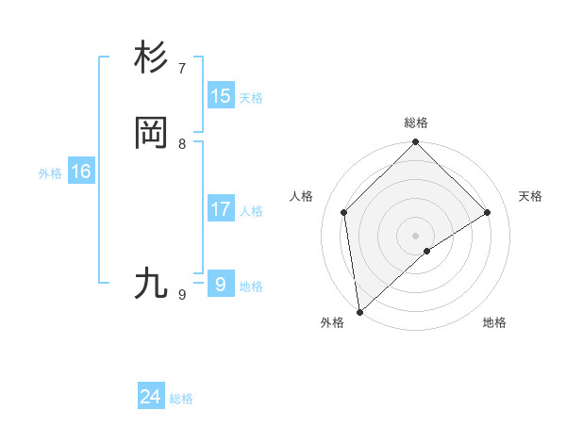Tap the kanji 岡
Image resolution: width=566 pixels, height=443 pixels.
pos(151,133)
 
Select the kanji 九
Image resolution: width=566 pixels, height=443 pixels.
pos(151,283)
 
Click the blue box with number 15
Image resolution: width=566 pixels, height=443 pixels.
pos(221,95)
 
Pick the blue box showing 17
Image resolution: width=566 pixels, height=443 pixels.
pos(221,209)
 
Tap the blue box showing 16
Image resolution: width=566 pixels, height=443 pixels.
pos(81,172)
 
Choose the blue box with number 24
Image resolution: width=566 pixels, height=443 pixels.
pos(151,397)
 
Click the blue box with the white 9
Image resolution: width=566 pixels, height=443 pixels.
pos(221,284)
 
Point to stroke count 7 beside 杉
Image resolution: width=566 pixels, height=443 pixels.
pos(182,69)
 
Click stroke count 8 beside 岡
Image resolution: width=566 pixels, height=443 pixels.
pos(182,144)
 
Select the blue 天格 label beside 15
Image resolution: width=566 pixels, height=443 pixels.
pos(251,98)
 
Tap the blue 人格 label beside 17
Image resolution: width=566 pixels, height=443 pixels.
pos(251,211)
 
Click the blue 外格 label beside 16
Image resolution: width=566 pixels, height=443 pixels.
pos(50,173)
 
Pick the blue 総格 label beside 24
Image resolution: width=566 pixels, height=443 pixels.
pos(181,399)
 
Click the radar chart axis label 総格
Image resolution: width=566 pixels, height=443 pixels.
pos(416,123)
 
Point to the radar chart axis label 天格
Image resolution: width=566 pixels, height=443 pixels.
pos(530,196)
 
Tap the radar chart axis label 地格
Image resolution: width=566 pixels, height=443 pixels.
pos(494,322)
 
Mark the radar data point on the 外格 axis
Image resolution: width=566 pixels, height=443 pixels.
pos(359,312)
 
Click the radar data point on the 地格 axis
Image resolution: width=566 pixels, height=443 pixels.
pos(427,251)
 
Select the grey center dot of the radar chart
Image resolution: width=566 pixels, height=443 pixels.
pos(416,235)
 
